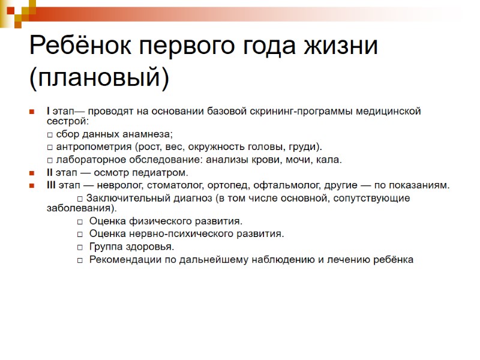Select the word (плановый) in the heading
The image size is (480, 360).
pos(100,77)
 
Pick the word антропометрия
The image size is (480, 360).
pos(94,147)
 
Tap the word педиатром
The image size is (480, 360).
pos(162,173)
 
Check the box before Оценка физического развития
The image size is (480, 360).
pos(80,221)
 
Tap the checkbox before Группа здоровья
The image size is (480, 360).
pos(80,247)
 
